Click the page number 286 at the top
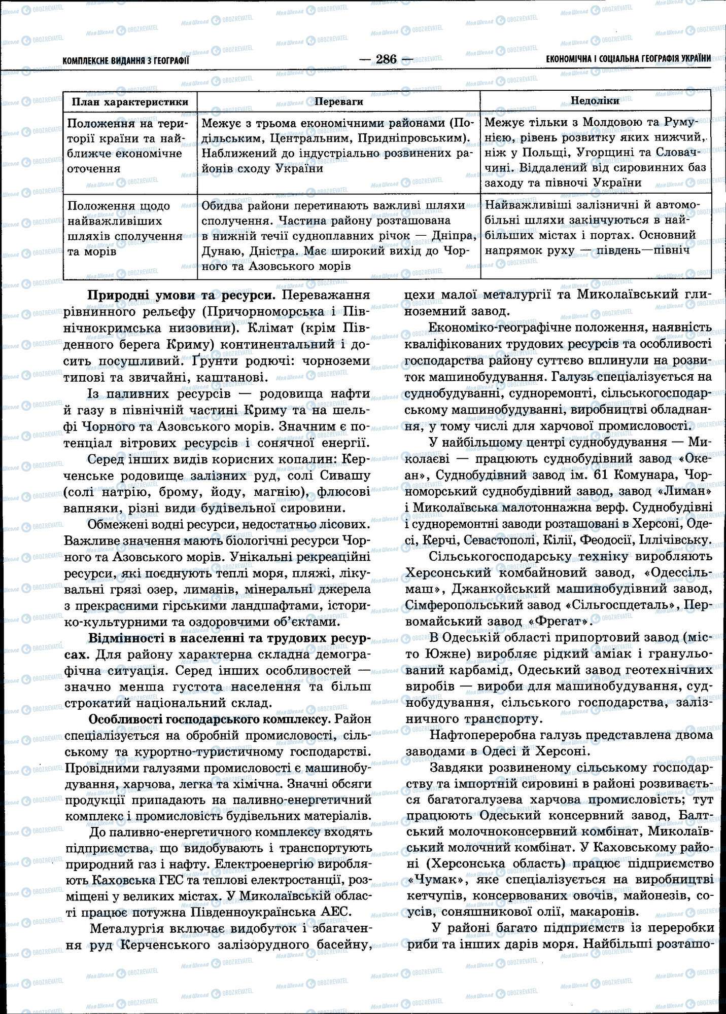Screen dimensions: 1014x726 pyautogui.click(x=386, y=59)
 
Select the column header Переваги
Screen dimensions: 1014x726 pyautogui.click(x=339, y=101)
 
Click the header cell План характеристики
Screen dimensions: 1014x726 pyautogui.click(x=130, y=101)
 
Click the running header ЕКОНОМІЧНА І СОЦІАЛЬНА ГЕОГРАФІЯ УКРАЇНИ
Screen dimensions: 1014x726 pyautogui.click(x=628, y=59)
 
